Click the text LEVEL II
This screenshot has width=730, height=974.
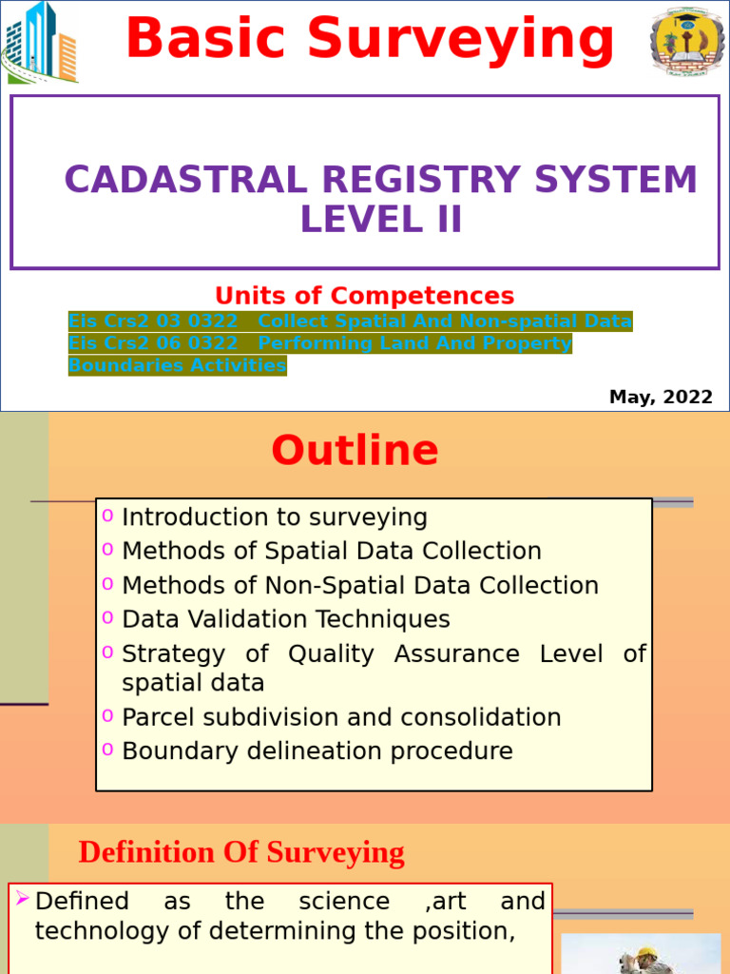click(381, 220)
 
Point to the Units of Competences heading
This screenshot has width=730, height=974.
click(364, 296)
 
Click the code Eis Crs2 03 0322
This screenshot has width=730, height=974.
click(153, 321)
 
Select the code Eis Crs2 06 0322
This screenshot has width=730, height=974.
click(153, 343)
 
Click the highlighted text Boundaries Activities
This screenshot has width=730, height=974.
click(177, 365)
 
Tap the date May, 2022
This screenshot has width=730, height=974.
click(661, 398)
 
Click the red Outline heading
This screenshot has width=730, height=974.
click(355, 451)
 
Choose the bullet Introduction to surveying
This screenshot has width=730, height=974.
click(275, 517)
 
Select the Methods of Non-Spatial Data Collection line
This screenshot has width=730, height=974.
click(360, 585)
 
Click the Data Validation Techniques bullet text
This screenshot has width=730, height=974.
click(286, 619)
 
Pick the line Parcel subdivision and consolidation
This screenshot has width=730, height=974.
click(341, 717)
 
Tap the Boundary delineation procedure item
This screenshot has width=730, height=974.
click(317, 751)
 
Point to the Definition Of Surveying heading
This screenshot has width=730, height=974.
click(241, 852)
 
